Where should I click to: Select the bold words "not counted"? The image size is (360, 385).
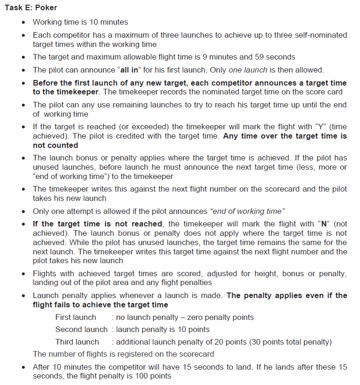[x=56, y=146]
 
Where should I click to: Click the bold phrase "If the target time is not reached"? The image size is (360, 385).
[x=97, y=223]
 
